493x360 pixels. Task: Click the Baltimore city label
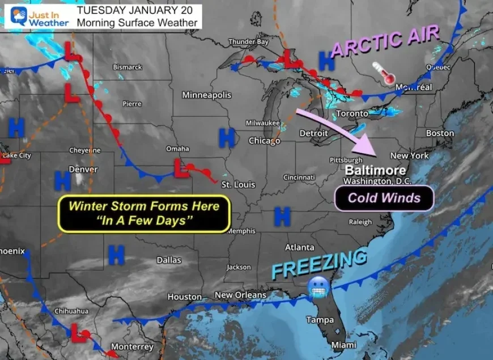click(375, 170)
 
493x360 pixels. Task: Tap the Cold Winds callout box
click(384, 198)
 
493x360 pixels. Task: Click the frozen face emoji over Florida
click(316, 288)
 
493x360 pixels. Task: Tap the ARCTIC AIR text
click(385, 41)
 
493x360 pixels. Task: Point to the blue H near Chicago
click(227, 136)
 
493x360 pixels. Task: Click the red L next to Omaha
click(181, 168)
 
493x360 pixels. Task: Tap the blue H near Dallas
click(116, 255)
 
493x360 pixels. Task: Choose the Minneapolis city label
click(206, 95)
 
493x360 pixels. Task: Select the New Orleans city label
click(240, 295)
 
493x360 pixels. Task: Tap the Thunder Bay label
click(248, 41)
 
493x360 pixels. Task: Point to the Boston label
click(440, 133)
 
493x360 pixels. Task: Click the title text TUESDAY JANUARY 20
click(134, 11)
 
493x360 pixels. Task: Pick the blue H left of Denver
click(62, 181)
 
